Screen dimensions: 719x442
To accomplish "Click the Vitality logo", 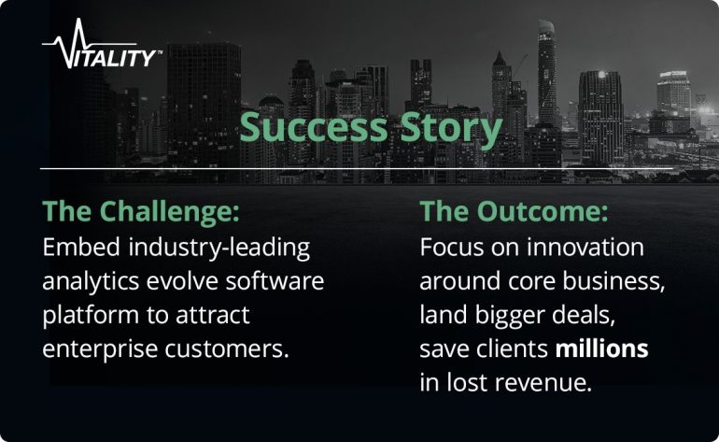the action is (102, 44).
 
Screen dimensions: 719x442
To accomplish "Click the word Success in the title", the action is (314, 127).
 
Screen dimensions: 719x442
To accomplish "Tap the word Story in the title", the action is (451, 130).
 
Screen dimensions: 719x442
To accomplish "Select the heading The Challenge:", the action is (141, 212).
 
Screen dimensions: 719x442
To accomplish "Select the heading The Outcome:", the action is (514, 211).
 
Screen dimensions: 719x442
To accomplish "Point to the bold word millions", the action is (601, 349).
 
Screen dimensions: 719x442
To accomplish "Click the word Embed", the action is (81, 248).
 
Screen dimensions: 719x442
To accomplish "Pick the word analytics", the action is (91, 282).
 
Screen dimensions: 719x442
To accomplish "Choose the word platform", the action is (91, 316).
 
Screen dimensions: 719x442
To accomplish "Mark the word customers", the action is (227, 349).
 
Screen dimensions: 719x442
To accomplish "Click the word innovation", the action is (585, 248).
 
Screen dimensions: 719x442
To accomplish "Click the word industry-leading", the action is (219, 249).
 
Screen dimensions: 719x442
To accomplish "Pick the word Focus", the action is (452, 248).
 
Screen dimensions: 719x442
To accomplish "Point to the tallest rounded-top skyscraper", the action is (546, 74).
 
